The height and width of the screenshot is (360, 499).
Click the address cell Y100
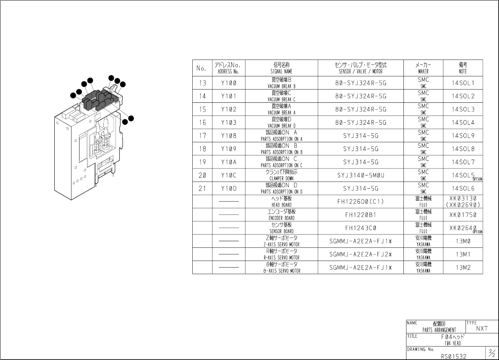click(229, 83)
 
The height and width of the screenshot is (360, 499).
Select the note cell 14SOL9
click(463, 136)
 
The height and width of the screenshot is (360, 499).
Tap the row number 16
click(202, 123)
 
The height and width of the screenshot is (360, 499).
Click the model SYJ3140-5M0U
click(361, 175)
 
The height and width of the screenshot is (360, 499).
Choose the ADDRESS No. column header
click(229, 68)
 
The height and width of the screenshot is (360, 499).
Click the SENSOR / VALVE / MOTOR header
click(361, 68)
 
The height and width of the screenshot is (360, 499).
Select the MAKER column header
click(423, 68)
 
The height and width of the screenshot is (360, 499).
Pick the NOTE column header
click(463, 68)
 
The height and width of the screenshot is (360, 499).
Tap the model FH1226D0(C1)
click(361, 202)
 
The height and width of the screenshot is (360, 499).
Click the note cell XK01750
click(463, 215)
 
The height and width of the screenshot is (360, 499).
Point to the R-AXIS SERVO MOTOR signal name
click(281, 254)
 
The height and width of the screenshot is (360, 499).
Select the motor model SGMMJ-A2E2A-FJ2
click(361, 254)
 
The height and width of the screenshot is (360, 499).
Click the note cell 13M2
click(463, 268)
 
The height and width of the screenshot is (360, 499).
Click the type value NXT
click(482, 328)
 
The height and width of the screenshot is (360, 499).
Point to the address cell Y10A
click(229, 162)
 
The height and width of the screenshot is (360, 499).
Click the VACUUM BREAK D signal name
click(281, 123)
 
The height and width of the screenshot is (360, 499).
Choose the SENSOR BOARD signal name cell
click(281, 228)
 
